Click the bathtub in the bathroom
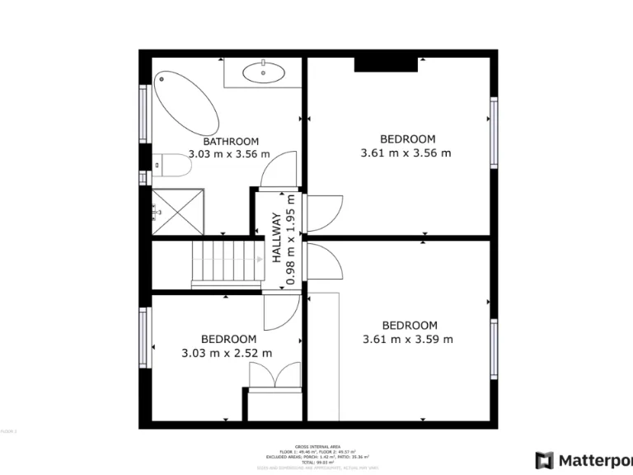pos(185,103)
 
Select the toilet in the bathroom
pos(172,166)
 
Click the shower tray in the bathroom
pos(177,210)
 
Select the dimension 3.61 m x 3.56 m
pos(406,153)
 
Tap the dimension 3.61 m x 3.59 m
pos(408,339)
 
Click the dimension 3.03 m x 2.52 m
pos(227,353)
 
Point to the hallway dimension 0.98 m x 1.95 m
pos(291,241)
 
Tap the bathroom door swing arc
pos(278,169)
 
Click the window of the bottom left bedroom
pos(143,338)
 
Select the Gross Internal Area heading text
pos(317,444)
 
